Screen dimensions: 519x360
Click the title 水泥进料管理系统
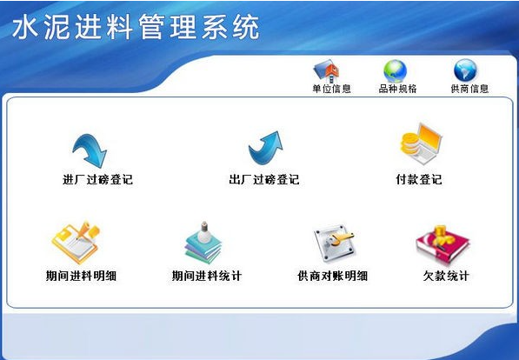click(136, 28)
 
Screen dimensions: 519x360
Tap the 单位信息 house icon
click(326, 71)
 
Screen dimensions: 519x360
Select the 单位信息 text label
click(331, 89)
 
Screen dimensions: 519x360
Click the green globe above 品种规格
click(395, 71)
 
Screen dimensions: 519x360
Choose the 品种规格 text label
click(397, 89)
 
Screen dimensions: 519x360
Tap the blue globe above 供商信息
click(465, 70)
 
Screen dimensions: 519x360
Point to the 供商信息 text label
click(469, 89)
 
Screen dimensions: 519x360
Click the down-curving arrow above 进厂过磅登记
click(90, 150)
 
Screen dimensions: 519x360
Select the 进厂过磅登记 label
click(97, 179)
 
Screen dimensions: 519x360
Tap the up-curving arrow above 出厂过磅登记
click(265, 148)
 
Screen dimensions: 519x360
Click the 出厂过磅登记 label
click(263, 179)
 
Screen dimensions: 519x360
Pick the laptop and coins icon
click(421, 143)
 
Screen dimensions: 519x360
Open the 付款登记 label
click(419, 179)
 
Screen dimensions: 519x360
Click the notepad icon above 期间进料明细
click(77, 242)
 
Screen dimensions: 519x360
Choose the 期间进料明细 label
click(81, 276)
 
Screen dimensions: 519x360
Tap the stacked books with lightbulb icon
click(203, 243)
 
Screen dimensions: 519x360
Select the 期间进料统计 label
click(207, 276)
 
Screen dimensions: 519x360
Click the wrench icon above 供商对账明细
click(335, 243)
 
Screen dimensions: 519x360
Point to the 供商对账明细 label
click(332, 276)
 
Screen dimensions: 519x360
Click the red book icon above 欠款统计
click(442, 244)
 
